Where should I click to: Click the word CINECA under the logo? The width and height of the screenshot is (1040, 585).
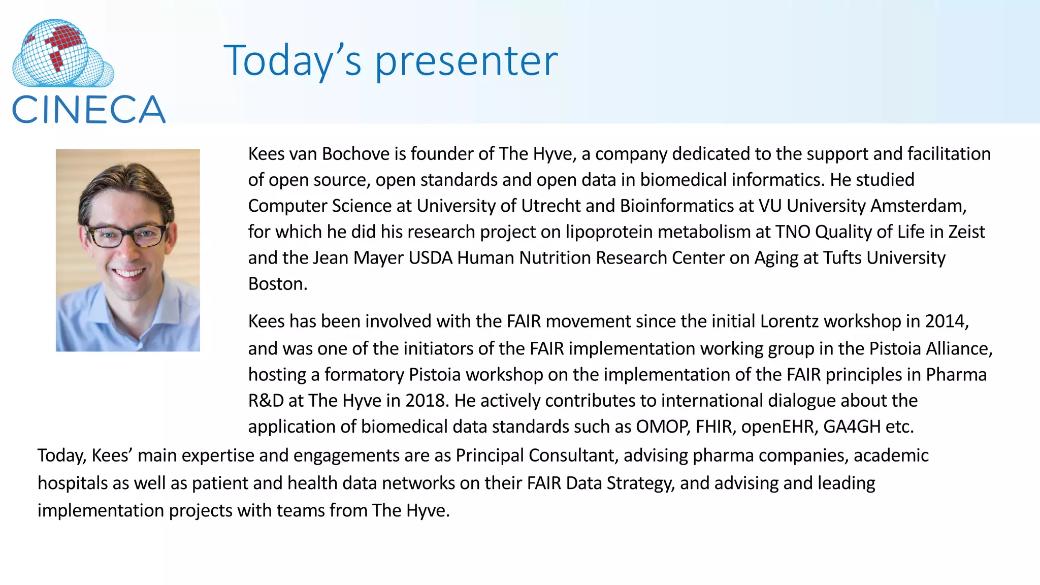click(88, 110)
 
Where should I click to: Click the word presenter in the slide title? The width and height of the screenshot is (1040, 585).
click(466, 61)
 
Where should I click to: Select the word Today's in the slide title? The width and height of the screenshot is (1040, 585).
click(292, 61)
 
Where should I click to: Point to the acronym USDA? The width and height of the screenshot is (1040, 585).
click(430, 258)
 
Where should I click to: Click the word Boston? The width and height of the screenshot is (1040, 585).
click(277, 284)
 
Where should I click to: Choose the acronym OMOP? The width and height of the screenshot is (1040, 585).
click(663, 427)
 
